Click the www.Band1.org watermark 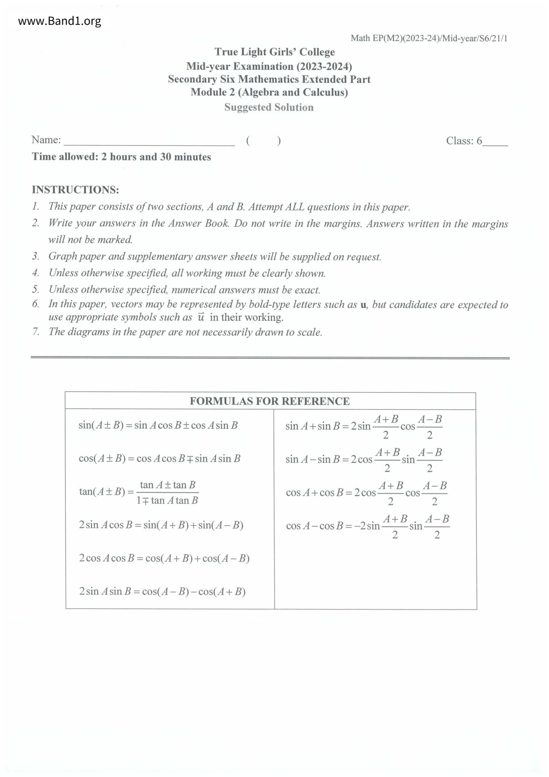tap(60, 21)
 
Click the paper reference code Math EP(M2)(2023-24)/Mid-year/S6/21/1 tap(429, 38)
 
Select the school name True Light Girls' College tap(274, 52)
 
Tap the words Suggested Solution tap(269, 107)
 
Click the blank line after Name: tap(149, 142)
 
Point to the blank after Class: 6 tap(495, 143)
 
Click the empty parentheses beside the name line tap(263, 141)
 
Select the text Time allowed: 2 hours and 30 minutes tap(121, 157)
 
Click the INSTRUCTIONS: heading tap(75, 190)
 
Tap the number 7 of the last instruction tap(35, 332)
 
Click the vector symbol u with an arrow tap(201, 317)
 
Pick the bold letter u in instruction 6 tap(363, 305)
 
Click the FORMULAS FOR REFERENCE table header tap(270, 401)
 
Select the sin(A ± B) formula tap(158, 425)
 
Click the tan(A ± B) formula tap(139, 492)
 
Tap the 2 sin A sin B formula tap(162, 591)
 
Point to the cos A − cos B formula tap(367, 526)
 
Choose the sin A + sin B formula tap(363, 426)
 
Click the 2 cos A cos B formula tap(164, 558)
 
